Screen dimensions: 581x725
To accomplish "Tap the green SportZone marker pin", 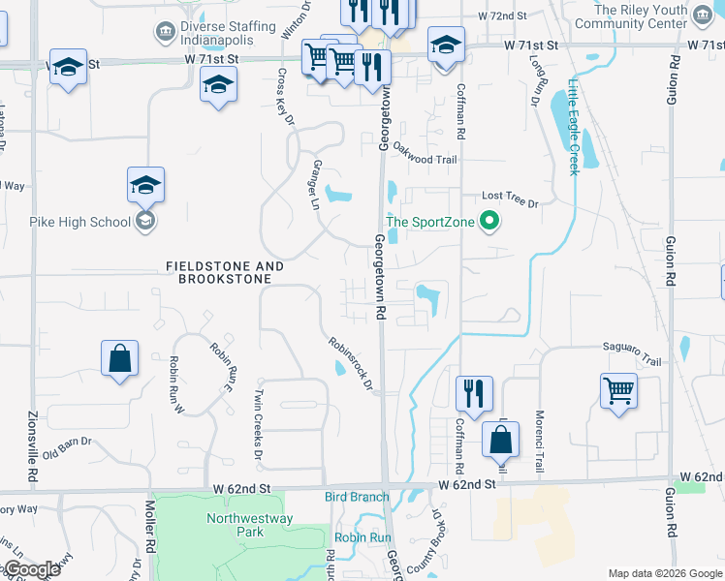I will (489, 222).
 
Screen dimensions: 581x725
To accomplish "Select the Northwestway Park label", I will (236, 525).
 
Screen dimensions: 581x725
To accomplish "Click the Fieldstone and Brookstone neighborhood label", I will (225, 272).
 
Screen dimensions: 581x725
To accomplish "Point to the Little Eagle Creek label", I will (573, 127).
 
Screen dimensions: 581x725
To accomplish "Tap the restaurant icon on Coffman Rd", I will (474, 393).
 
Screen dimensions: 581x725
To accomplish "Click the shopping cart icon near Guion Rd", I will (618, 391).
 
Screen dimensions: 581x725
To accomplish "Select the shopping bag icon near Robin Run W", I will (118, 358).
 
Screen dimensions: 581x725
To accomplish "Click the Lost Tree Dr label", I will (509, 199).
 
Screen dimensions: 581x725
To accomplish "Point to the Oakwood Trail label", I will (424, 161).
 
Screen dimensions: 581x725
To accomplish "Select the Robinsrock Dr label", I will (351, 364).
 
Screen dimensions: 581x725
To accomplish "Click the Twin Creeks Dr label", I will (258, 424).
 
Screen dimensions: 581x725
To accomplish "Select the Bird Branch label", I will (349, 497).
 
